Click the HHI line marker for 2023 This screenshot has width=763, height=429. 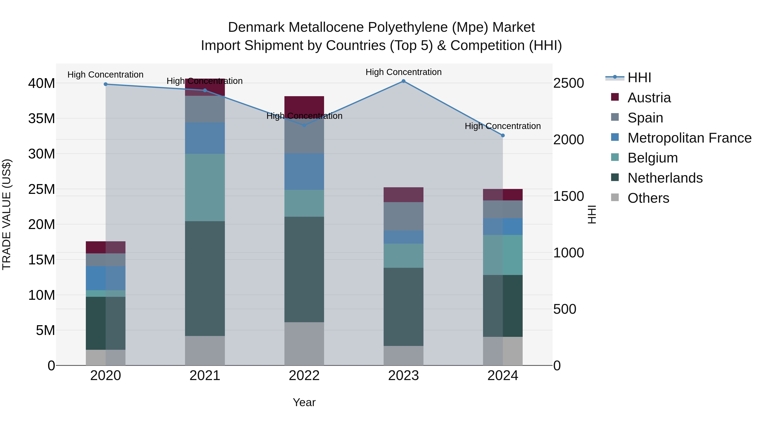(x=403, y=81)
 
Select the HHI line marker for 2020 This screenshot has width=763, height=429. (x=106, y=84)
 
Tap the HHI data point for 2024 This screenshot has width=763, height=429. (x=503, y=136)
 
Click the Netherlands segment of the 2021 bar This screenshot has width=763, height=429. (x=205, y=278)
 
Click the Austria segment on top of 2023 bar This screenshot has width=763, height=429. (x=403, y=194)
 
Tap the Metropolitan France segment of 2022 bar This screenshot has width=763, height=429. (x=304, y=171)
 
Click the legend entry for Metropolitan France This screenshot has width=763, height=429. (x=689, y=138)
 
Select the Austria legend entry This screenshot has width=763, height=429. (x=649, y=98)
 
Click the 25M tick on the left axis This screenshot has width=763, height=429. (x=42, y=189)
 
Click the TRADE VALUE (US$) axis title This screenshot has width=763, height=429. (x=7, y=214)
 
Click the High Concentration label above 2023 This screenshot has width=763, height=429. (x=403, y=72)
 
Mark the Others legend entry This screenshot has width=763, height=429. (x=648, y=198)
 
